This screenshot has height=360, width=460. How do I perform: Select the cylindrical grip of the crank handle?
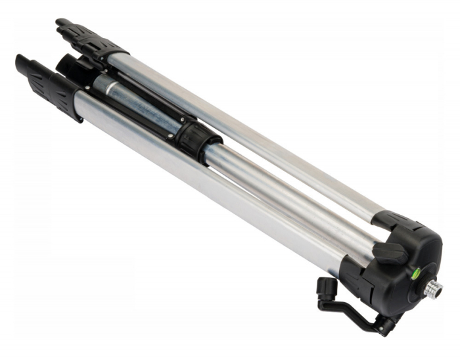[324, 288]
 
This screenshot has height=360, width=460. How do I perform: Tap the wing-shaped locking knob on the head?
[392, 252]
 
